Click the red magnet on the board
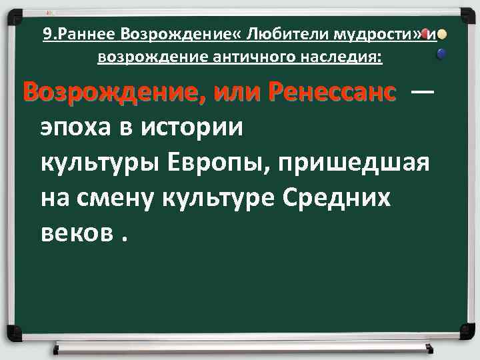[424, 34]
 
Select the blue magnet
[441, 57]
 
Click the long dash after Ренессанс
[422, 93]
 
